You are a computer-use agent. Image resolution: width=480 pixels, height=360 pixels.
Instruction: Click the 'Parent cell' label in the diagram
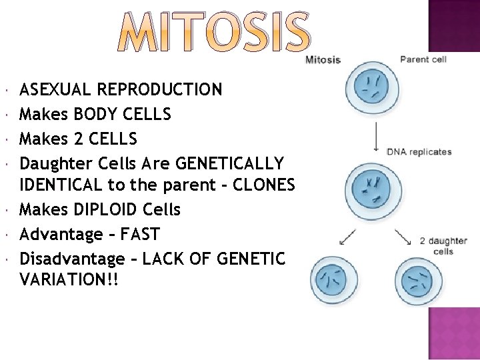pyautogui.click(x=423, y=59)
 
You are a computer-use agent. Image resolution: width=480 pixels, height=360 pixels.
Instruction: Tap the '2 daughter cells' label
pyautogui.click(x=443, y=246)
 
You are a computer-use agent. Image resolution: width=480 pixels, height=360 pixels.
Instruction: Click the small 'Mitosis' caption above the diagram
pyautogui.click(x=323, y=60)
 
